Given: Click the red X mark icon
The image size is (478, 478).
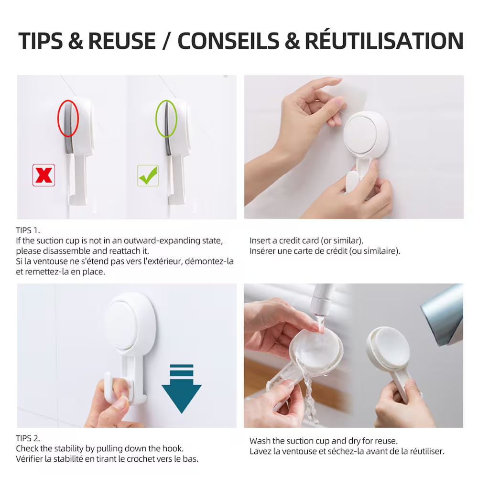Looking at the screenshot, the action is (43, 175).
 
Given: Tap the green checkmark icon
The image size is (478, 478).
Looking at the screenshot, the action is (148, 175).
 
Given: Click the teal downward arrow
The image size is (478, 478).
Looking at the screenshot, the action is (182, 389).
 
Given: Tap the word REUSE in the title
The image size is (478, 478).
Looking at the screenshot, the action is (122, 41).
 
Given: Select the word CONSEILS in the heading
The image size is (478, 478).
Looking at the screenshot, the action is (228, 41).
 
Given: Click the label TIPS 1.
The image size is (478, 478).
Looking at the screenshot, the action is (28, 230).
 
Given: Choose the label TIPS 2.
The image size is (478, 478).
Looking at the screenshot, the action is (28, 438).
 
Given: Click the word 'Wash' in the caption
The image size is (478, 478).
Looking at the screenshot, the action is (260, 441).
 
